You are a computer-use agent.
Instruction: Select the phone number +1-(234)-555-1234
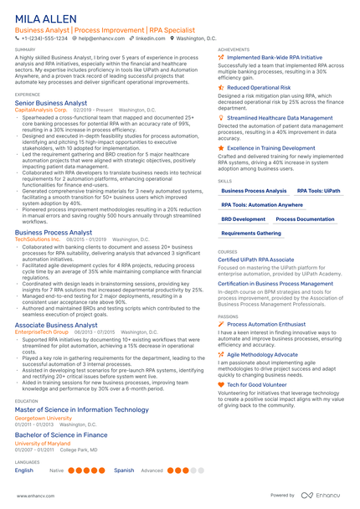(x=43, y=39)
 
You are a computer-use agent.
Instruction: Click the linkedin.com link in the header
(x=150, y=39)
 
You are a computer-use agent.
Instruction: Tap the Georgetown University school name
(x=43, y=393)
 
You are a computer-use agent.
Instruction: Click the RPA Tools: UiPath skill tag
(x=319, y=191)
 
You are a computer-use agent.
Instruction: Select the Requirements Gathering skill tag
(x=251, y=233)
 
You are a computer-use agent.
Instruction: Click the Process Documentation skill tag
(x=305, y=219)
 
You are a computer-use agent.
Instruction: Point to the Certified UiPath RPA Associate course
(x=255, y=260)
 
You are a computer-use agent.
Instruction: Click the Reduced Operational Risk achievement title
(x=260, y=87)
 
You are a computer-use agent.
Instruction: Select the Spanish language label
(x=124, y=470)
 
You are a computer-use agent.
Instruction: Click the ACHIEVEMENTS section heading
(x=234, y=49)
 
